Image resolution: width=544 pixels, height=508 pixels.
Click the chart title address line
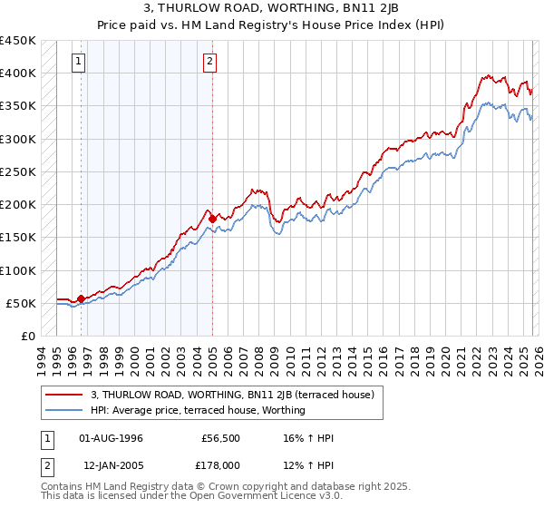(271, 9)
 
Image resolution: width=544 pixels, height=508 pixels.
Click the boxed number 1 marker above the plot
(78, 62)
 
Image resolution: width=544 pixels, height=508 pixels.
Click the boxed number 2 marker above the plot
(209, 62)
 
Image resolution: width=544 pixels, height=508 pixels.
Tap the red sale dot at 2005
(212, 219)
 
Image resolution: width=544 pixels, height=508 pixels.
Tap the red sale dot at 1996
(82, 298)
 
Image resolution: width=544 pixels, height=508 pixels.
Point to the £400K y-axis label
(18, 73)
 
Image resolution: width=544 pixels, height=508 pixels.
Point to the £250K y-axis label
(18, 171)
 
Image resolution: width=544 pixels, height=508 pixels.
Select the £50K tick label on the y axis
(22, 303)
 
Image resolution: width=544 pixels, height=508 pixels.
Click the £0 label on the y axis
(28, 336)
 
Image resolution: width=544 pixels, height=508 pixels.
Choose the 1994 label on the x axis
(42, 358)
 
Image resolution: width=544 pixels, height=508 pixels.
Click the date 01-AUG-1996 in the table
(111, 438)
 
